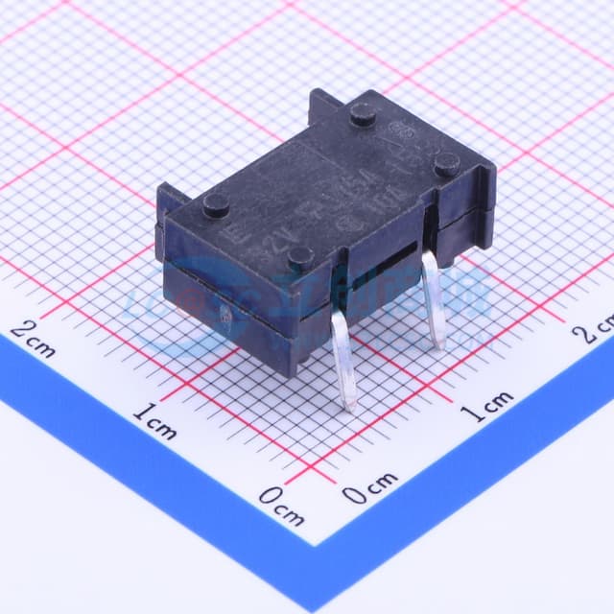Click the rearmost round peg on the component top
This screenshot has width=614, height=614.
tap(363, 115)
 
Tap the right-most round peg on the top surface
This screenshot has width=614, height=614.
tap(446, 165)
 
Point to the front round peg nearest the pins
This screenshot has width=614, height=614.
tap(301, 256)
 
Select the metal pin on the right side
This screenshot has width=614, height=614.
tap(433, 297)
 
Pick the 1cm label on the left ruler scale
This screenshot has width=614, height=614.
tap(153, 421)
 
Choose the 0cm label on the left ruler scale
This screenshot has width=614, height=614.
tap(282, 507)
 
